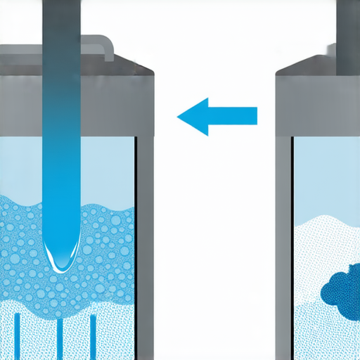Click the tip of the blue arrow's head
click(179, 115)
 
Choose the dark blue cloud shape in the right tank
click(342, 285)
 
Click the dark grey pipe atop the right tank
click(347, 35)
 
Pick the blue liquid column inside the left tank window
click(60, 176)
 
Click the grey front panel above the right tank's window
click(320, 105)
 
